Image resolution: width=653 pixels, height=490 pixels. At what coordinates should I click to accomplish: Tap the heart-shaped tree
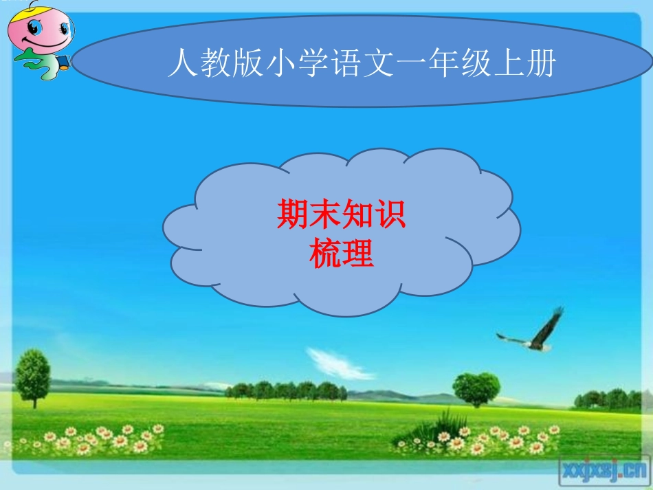click(x=476, y=388)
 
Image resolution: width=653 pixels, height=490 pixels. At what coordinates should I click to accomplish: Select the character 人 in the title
click(x=181, y=65)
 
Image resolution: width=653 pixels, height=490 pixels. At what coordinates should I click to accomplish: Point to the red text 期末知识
click(x=342, y=215)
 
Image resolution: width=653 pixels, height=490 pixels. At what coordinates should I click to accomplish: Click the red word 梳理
click(x=342, y=255)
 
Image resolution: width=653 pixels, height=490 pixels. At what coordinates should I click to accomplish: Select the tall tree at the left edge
click(x=32, y=375)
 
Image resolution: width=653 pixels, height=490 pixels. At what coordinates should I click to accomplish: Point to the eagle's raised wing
click(x=549, y=324)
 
